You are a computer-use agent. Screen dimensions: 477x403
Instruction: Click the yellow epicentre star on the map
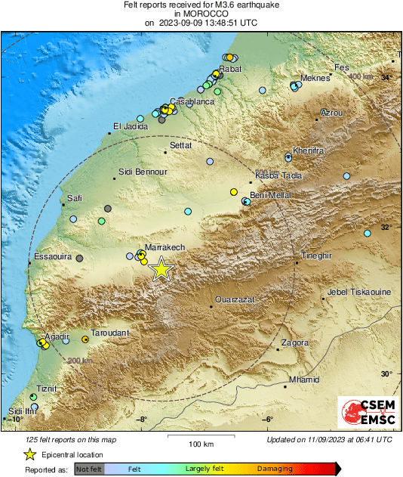[161, 269]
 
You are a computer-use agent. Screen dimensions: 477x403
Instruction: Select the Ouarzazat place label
[235, 300]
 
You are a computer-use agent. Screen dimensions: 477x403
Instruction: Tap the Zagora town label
[295, 342]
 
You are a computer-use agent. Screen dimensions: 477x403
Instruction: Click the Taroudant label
[109, 333]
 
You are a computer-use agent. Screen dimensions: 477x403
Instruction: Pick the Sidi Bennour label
[143, 172]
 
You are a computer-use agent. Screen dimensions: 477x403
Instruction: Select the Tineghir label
[316, 256]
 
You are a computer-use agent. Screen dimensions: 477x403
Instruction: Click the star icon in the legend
[29, 454]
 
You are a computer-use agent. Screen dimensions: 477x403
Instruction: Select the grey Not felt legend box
[88, 469]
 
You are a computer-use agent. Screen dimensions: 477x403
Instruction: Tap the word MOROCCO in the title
[201, 14]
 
